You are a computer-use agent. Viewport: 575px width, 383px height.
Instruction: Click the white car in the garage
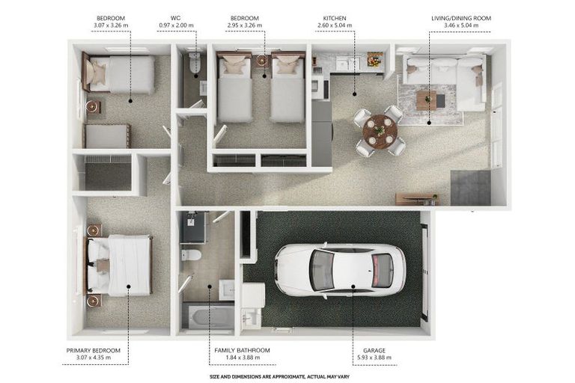pyautogui.click(x=340, y=270)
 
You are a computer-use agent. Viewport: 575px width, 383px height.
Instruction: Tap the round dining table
pyautogui.click(x=380, y=130)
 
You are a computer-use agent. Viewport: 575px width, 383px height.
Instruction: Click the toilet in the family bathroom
pyautogui.click(x=191, y=254)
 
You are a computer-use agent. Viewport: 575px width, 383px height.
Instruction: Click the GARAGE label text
pyautogui.click(x=374, y=350)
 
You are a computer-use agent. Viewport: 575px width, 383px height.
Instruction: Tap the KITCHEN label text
pyautogui.click(x=335, y=18)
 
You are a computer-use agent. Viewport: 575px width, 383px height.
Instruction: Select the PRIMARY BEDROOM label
pyautogui.click(x=93, y=350)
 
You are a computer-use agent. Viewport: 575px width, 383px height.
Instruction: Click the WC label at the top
pyautogui.click(x=176, y=18)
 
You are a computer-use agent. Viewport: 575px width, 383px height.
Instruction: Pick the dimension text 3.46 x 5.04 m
pyautogui.click(x=461, y=25)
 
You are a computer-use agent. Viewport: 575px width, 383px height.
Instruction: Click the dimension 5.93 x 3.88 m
pyautogui.click(x=374, y=358)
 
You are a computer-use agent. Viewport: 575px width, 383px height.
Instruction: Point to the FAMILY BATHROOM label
pyautogui.click(x=242, y=350)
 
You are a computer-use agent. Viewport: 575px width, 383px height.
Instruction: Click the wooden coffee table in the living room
pyautogui.click(x=426, y=100)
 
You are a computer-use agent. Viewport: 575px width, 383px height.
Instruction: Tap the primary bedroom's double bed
pyautogui.click(x=119, y=266)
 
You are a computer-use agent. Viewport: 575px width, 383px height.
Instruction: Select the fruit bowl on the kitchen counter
pyautogui.click(x=375, y=59)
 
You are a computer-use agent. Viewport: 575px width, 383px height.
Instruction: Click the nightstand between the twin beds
pyautogui.click(x=261, y=61)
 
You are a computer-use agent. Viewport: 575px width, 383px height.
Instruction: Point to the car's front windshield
pyautogui.click(x=322, y=271)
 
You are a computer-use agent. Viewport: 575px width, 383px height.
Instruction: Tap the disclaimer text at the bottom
pyautogui.click(x=279, y=376)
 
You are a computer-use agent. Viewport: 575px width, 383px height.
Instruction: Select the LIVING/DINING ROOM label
pyautogui.click(x=461, y=18)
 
